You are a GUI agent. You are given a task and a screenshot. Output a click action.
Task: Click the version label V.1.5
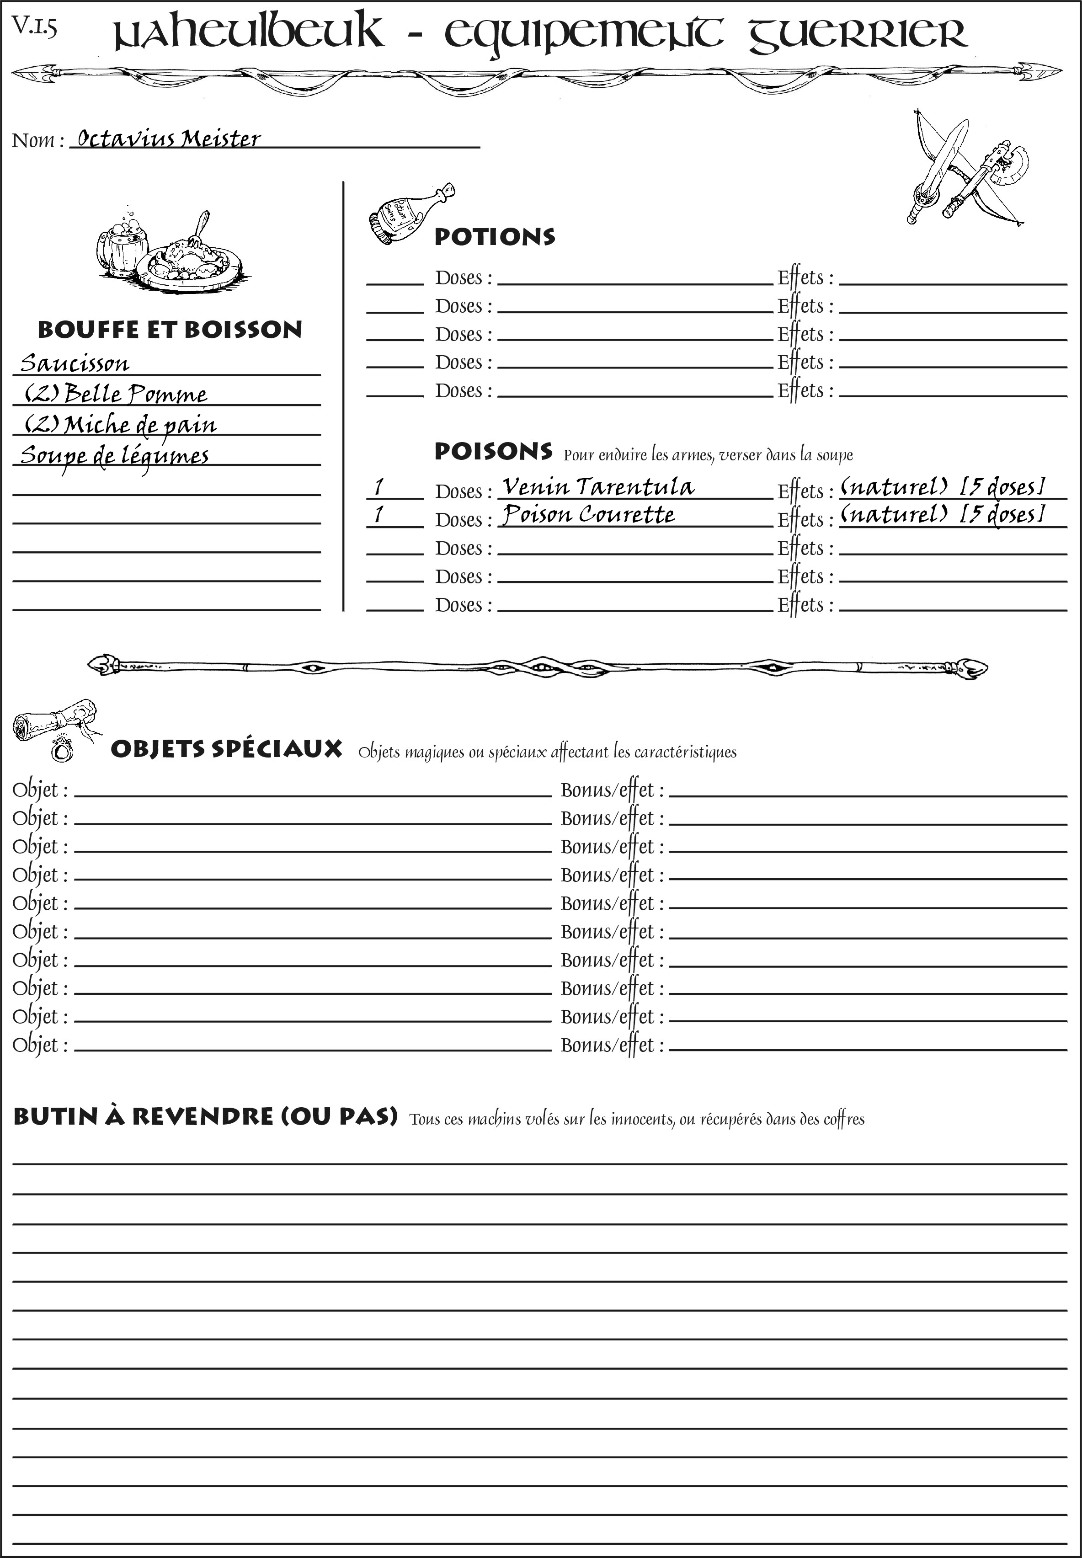point(34,27)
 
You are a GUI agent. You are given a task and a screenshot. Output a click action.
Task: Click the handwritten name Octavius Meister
point(168,139)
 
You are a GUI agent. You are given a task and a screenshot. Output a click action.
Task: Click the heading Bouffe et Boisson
point(170,330)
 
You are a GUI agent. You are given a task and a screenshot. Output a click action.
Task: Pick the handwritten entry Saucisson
point(75,363)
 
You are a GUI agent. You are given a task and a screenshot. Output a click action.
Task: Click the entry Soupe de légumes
point(114,455)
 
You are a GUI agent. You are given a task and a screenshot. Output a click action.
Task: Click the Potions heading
point(494,237)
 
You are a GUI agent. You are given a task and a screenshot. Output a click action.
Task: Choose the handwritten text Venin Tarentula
point(598,487)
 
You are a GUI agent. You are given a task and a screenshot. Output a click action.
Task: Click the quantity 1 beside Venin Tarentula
point(379,487)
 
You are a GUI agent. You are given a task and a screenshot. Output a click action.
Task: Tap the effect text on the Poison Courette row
point(942,515)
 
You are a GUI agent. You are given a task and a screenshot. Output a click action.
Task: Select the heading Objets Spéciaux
point(226,749)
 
